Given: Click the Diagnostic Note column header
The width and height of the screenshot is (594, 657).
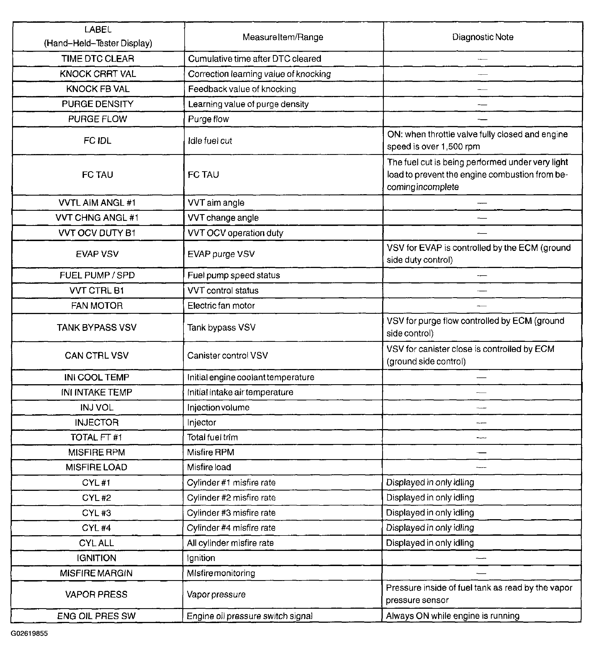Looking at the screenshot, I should (x=482, y=37).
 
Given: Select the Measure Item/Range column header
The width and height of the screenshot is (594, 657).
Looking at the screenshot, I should (x=283, y=37).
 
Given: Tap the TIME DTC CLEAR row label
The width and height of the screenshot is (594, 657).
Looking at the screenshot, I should (x=98, y=59).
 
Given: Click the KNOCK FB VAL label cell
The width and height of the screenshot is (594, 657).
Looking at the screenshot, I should (x=98, y=89).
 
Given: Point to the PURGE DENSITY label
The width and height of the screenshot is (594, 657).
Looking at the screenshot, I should (x=98, y=104).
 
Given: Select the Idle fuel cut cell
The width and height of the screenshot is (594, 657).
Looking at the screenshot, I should (x=210, y=141).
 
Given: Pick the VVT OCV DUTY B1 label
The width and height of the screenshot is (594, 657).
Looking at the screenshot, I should (x=97, y=233).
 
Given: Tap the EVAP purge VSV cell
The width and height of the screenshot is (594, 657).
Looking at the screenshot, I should (x=221, y=254).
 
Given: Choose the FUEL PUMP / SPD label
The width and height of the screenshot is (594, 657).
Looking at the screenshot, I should (x=97, y=275).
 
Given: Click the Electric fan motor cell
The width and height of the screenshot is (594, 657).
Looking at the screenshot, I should (x=221, y=306).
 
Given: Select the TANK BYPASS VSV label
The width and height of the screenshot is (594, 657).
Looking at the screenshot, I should (x=97, y=328).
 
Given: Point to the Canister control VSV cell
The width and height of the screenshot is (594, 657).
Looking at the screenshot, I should (x=227, y=356).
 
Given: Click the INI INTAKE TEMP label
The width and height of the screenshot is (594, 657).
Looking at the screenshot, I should (x=97, y=392).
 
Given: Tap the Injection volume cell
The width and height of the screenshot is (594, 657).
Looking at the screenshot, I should (x=218, y=408).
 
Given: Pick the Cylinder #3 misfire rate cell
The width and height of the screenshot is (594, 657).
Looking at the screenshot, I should (x=231, y=513).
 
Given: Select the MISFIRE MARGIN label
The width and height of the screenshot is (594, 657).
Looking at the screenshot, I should (x=96, y=573).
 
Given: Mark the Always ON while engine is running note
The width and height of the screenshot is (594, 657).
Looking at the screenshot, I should (x=452, y=616).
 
